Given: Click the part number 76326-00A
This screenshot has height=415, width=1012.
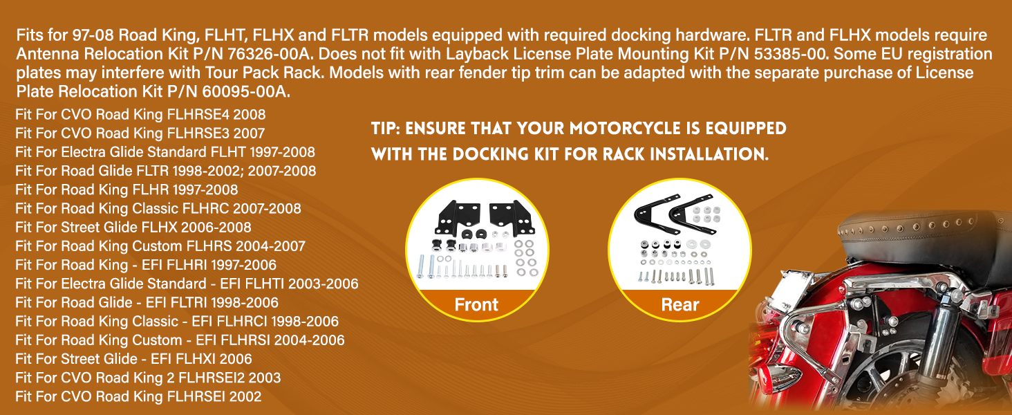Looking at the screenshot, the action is tap(270, 54).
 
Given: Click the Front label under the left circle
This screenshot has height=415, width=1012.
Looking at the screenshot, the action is tap(476, 305).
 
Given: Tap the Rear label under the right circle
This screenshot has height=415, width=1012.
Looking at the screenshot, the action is tap(680, 305).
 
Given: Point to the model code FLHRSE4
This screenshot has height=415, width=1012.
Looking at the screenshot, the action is tap(198, 114).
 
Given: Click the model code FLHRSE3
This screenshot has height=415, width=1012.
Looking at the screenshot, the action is tap(198, 133).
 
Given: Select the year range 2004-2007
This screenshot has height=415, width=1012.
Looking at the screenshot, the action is tap(270, 246).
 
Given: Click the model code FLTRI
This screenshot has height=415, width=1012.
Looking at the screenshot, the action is tap(186, 302).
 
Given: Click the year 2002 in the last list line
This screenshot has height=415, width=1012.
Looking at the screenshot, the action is tap(245, 397).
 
